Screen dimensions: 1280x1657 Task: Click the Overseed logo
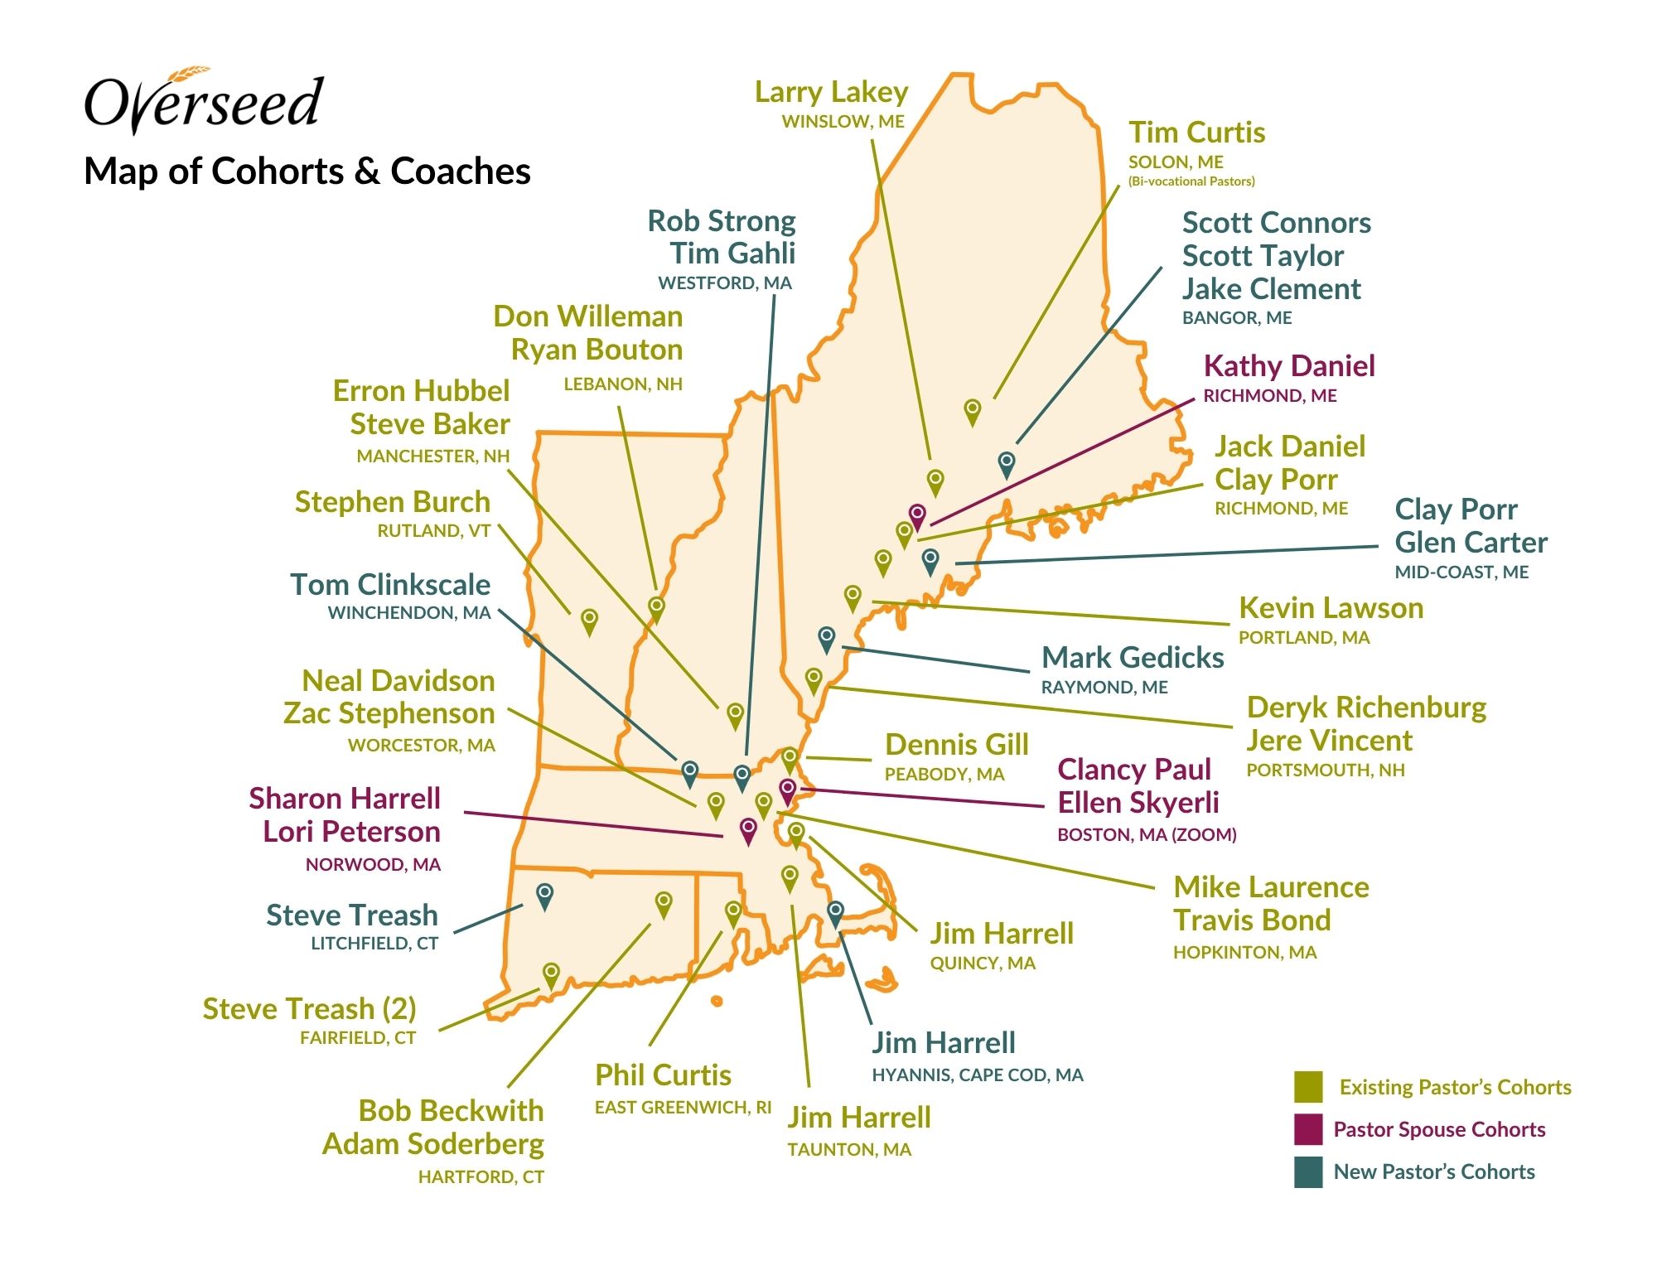coord(204,101)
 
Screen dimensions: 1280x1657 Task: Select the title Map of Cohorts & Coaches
coord(307,171)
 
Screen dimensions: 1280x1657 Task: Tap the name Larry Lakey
coord(831,92)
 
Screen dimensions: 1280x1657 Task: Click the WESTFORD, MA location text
coord(725,283)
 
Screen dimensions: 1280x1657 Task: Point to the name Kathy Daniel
coord(1289,366)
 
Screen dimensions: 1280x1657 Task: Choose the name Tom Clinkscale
coord(390,585)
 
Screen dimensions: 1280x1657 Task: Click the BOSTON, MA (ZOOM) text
coord(1147,835)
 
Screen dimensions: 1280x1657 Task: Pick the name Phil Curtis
coord(663,1075)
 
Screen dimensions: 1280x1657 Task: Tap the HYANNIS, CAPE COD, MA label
coord(978,1075)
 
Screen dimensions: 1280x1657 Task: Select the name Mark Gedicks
coord(1133,658)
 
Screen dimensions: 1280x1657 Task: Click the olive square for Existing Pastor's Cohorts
coord(1308,1087)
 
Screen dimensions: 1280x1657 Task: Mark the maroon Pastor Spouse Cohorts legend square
coord(1308,1129)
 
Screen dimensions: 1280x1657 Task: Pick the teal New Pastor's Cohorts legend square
coord(1308,1172)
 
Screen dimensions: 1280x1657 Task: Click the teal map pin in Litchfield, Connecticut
coord(544,895)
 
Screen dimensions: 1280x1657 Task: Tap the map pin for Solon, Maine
coord(973,410)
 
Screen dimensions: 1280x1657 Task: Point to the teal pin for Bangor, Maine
coord(1007,463)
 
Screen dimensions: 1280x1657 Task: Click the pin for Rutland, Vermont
coord(589,620)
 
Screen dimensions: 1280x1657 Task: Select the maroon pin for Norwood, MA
coord(748,829)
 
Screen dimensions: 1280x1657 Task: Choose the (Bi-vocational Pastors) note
coord(1191,181)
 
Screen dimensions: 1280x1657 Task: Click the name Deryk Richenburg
coord(1366,708)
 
